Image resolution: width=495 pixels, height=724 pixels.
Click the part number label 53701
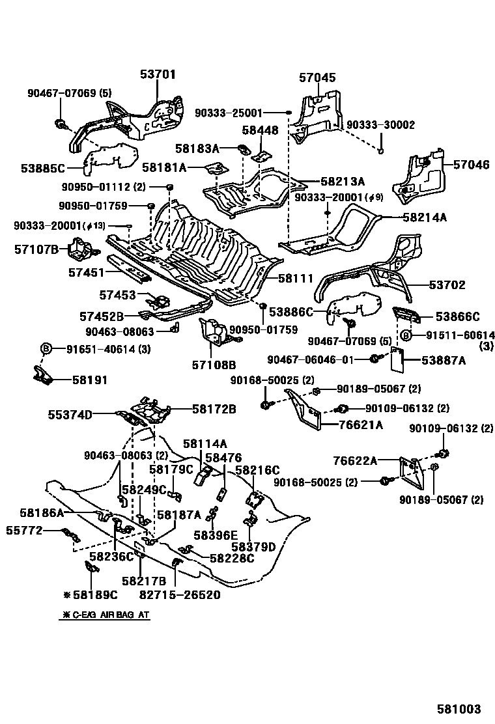(x=158, y=75)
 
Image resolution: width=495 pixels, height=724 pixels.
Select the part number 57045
(x=317, y=78)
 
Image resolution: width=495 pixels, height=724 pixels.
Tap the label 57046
(x=471, y=165)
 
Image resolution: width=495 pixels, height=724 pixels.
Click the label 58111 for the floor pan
(x=296, y=278)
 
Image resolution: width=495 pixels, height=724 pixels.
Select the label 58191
(x=90, y=380)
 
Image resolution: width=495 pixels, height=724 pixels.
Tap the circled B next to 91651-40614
(x=46, y=348)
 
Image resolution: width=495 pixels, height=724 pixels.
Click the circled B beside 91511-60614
(x=405, y=335)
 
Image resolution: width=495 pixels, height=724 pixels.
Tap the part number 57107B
(x=37, y=249)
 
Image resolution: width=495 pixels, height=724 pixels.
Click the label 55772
(x=23, y=531)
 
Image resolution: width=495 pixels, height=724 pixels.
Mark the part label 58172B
(x=214, y=409)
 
